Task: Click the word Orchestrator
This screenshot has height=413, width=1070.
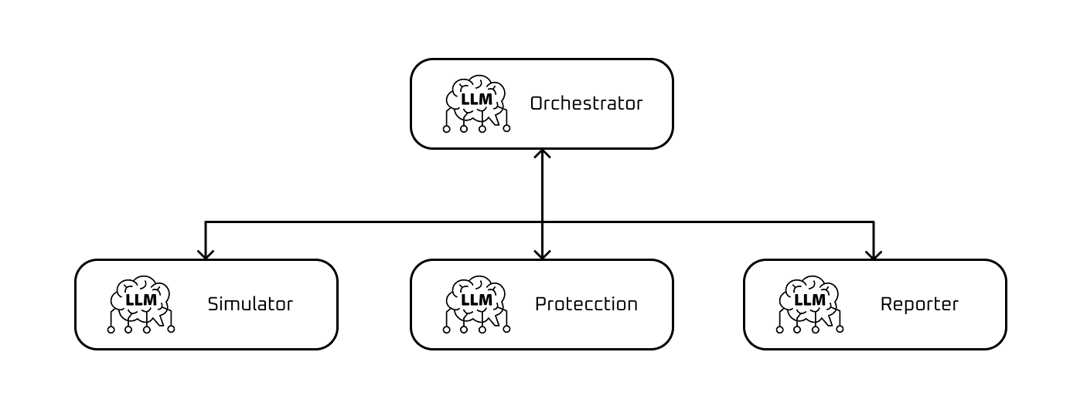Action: click(x=586, y=103)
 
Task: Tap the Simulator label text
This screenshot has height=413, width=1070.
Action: click(x=250, y=304)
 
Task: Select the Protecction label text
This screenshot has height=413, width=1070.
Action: click(x=586, y=304)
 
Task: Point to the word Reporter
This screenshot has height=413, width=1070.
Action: click(x=919, y=304)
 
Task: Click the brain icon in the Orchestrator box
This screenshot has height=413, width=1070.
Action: click(x=476, y=103)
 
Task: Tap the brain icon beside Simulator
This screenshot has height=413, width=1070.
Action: click(x=141, y=304)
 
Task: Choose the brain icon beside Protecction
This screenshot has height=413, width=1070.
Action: click(x=476, y=304)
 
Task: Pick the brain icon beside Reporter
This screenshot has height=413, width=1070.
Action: click(x=809, y=304)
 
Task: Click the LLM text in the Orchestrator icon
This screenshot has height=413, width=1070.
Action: click(x=476, y=100)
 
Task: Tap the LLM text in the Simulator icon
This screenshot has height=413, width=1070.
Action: click(x=141, y=300)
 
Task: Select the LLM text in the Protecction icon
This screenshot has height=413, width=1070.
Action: click(x=476, y=300)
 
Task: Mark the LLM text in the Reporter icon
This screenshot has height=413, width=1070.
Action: click(x=809, y=300)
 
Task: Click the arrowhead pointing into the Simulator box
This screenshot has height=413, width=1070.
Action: click(x=206, y=254)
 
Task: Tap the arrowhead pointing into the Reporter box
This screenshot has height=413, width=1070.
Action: click(x=874, y=254)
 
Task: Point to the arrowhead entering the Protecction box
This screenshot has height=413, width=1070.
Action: click(x=543, y=254)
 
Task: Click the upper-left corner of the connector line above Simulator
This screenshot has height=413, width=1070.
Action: click(x=206, y=222)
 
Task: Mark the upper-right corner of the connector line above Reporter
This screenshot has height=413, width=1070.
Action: click(x=874, y=222)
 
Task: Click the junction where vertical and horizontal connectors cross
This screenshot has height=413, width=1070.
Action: click(x=543, y=222)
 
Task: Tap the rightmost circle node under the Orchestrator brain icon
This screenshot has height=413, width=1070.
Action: click(x=506, y=128)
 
